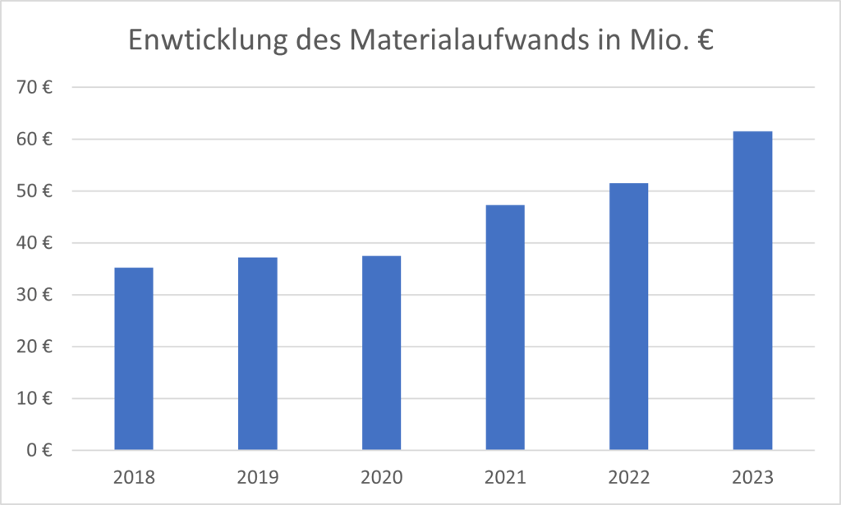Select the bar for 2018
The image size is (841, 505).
[133, 359]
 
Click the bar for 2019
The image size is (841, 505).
[257, 354]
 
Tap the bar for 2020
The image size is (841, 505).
[381, 353]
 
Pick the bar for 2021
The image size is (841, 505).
[505, 328]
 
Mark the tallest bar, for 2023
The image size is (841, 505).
[752, 291]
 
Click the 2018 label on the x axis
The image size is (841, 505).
[133, 477]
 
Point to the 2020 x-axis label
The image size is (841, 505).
[381, 477]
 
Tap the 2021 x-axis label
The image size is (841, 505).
[505, 477]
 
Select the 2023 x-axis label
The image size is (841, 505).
[752, 477]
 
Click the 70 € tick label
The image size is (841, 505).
[38, 88]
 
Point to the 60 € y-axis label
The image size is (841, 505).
[38, 140]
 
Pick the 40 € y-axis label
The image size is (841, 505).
[38, 243]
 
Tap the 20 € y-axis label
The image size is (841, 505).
[38, 347]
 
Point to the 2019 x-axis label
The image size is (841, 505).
[257, 477]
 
